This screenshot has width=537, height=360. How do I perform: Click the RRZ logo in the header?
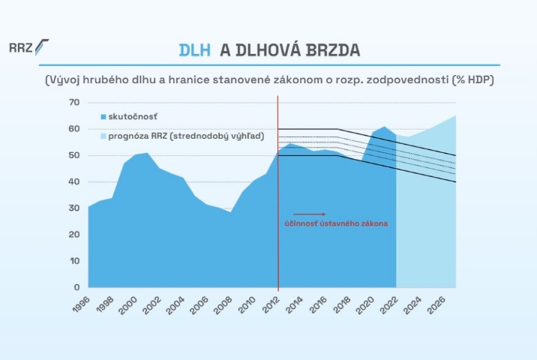[x=28, y=47]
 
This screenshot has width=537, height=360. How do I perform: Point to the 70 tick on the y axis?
[x=73, y=102]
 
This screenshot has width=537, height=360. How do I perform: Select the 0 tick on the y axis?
[x=76, y=287]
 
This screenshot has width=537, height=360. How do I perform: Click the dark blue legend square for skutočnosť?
[x=103, y=116]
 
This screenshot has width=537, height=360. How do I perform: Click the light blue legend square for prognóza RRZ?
[x=103, y=136]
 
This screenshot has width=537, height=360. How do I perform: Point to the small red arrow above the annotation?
[x=310, y=214]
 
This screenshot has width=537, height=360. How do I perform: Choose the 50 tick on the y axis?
[x=73, y=155]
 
